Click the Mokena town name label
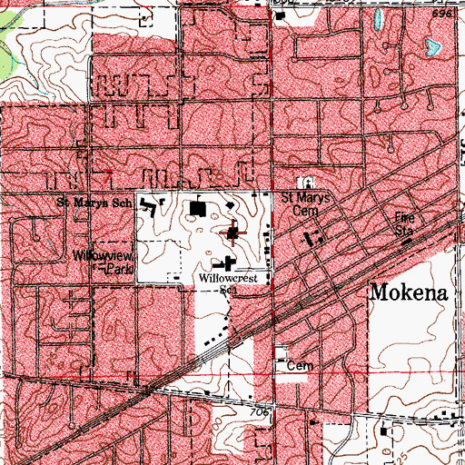tap(409, 293)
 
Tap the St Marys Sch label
tap(89, 203)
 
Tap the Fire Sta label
tap(402, 223)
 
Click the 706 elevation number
tap(260, 412)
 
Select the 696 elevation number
tap(442, 15)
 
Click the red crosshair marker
tap(233, 234)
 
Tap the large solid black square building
tap(198, 210)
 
